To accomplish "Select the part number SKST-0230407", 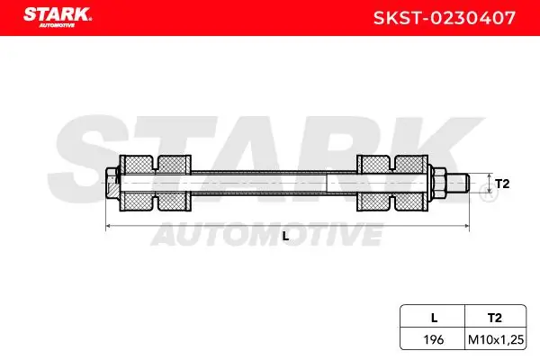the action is [x=445, y=18].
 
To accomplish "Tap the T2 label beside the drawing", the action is [x=502, y=184].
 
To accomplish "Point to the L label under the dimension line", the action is [x=285, y=237].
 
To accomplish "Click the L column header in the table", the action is [x=435, y=318].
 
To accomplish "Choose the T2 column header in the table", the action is [x=494, y=318].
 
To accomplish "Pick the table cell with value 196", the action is [x=434, y=339].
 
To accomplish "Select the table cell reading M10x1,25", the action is [x=496, y=340].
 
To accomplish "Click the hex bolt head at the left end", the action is [x=112, y=183].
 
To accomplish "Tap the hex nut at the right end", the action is [x=438, y=183].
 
